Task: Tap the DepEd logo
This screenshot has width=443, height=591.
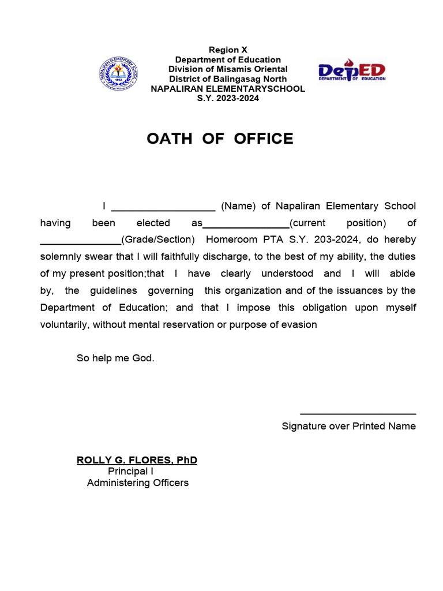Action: coord(352,71)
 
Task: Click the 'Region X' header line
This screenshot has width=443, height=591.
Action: coord(228,50)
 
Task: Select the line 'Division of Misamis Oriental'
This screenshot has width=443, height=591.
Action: coord(228,69)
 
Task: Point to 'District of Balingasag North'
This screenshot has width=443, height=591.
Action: coord(228,79)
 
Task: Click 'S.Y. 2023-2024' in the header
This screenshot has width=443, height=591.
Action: coord(228,98)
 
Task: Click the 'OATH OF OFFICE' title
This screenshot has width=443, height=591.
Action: coord(220,139)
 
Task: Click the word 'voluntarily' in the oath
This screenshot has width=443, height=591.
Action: coord(63,324)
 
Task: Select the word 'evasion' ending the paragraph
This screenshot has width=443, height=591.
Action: coord(299,324)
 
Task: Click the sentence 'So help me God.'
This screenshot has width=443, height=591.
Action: coord(115,358)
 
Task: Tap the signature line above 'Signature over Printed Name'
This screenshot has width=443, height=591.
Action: coord(358,413)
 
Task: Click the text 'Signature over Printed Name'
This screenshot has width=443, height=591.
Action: coord(348,427)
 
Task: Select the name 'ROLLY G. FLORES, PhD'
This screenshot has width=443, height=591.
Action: coord(137,460)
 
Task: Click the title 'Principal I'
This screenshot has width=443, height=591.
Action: coord(130,472)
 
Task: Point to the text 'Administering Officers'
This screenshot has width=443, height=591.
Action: coord(137,483)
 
